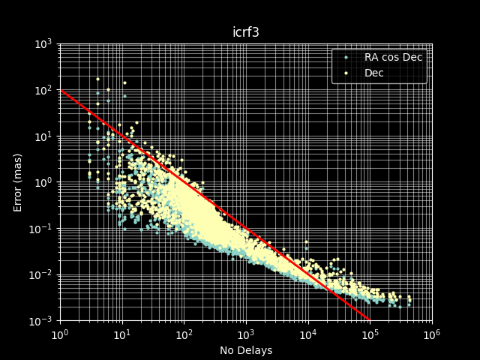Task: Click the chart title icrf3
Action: pyautogui.click(x=245, y=33)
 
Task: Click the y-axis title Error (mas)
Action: pyautogui.click(x=18, y=182)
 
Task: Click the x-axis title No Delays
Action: pyautogui.click(x=245, y=350)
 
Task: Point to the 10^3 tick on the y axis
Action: pyautogui.click(x=42, y=43)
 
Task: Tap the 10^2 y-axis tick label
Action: pyautogui.click(x=42, y=90)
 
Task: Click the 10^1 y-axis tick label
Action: pyautogui.click(x=42, y=136)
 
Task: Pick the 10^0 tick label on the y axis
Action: pyautogui.click(x=42, y=182)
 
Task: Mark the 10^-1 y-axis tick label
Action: pyautogui.click(x=40, y=229)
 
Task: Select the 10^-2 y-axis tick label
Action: pyautogui.click(x=40, y=275)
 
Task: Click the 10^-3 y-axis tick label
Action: pyautogui.click(x=40, y=321)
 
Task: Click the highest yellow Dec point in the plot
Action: pyautogui.click(x=97, y=79)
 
